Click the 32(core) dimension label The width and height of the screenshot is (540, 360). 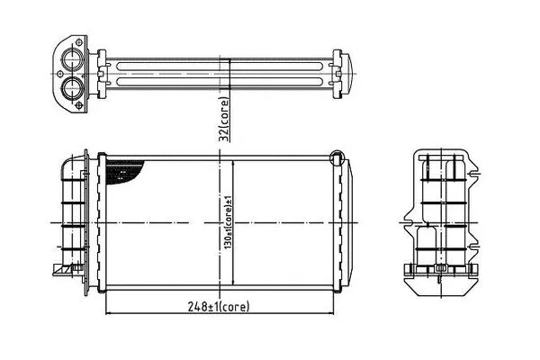coord(224,120)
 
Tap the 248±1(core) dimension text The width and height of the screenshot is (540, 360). coord(219,306)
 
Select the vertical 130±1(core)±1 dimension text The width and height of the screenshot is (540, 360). coord(228,223)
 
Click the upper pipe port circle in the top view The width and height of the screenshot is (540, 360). coord(73,58)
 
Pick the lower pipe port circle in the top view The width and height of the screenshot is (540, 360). coord(73,87)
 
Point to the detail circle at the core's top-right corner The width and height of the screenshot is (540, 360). coord(337,158)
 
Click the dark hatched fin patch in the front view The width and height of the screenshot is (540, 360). coord(123,172)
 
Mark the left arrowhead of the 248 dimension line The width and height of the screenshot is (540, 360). coord(108,313)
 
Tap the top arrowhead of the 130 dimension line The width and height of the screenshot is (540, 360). coord(233,163)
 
